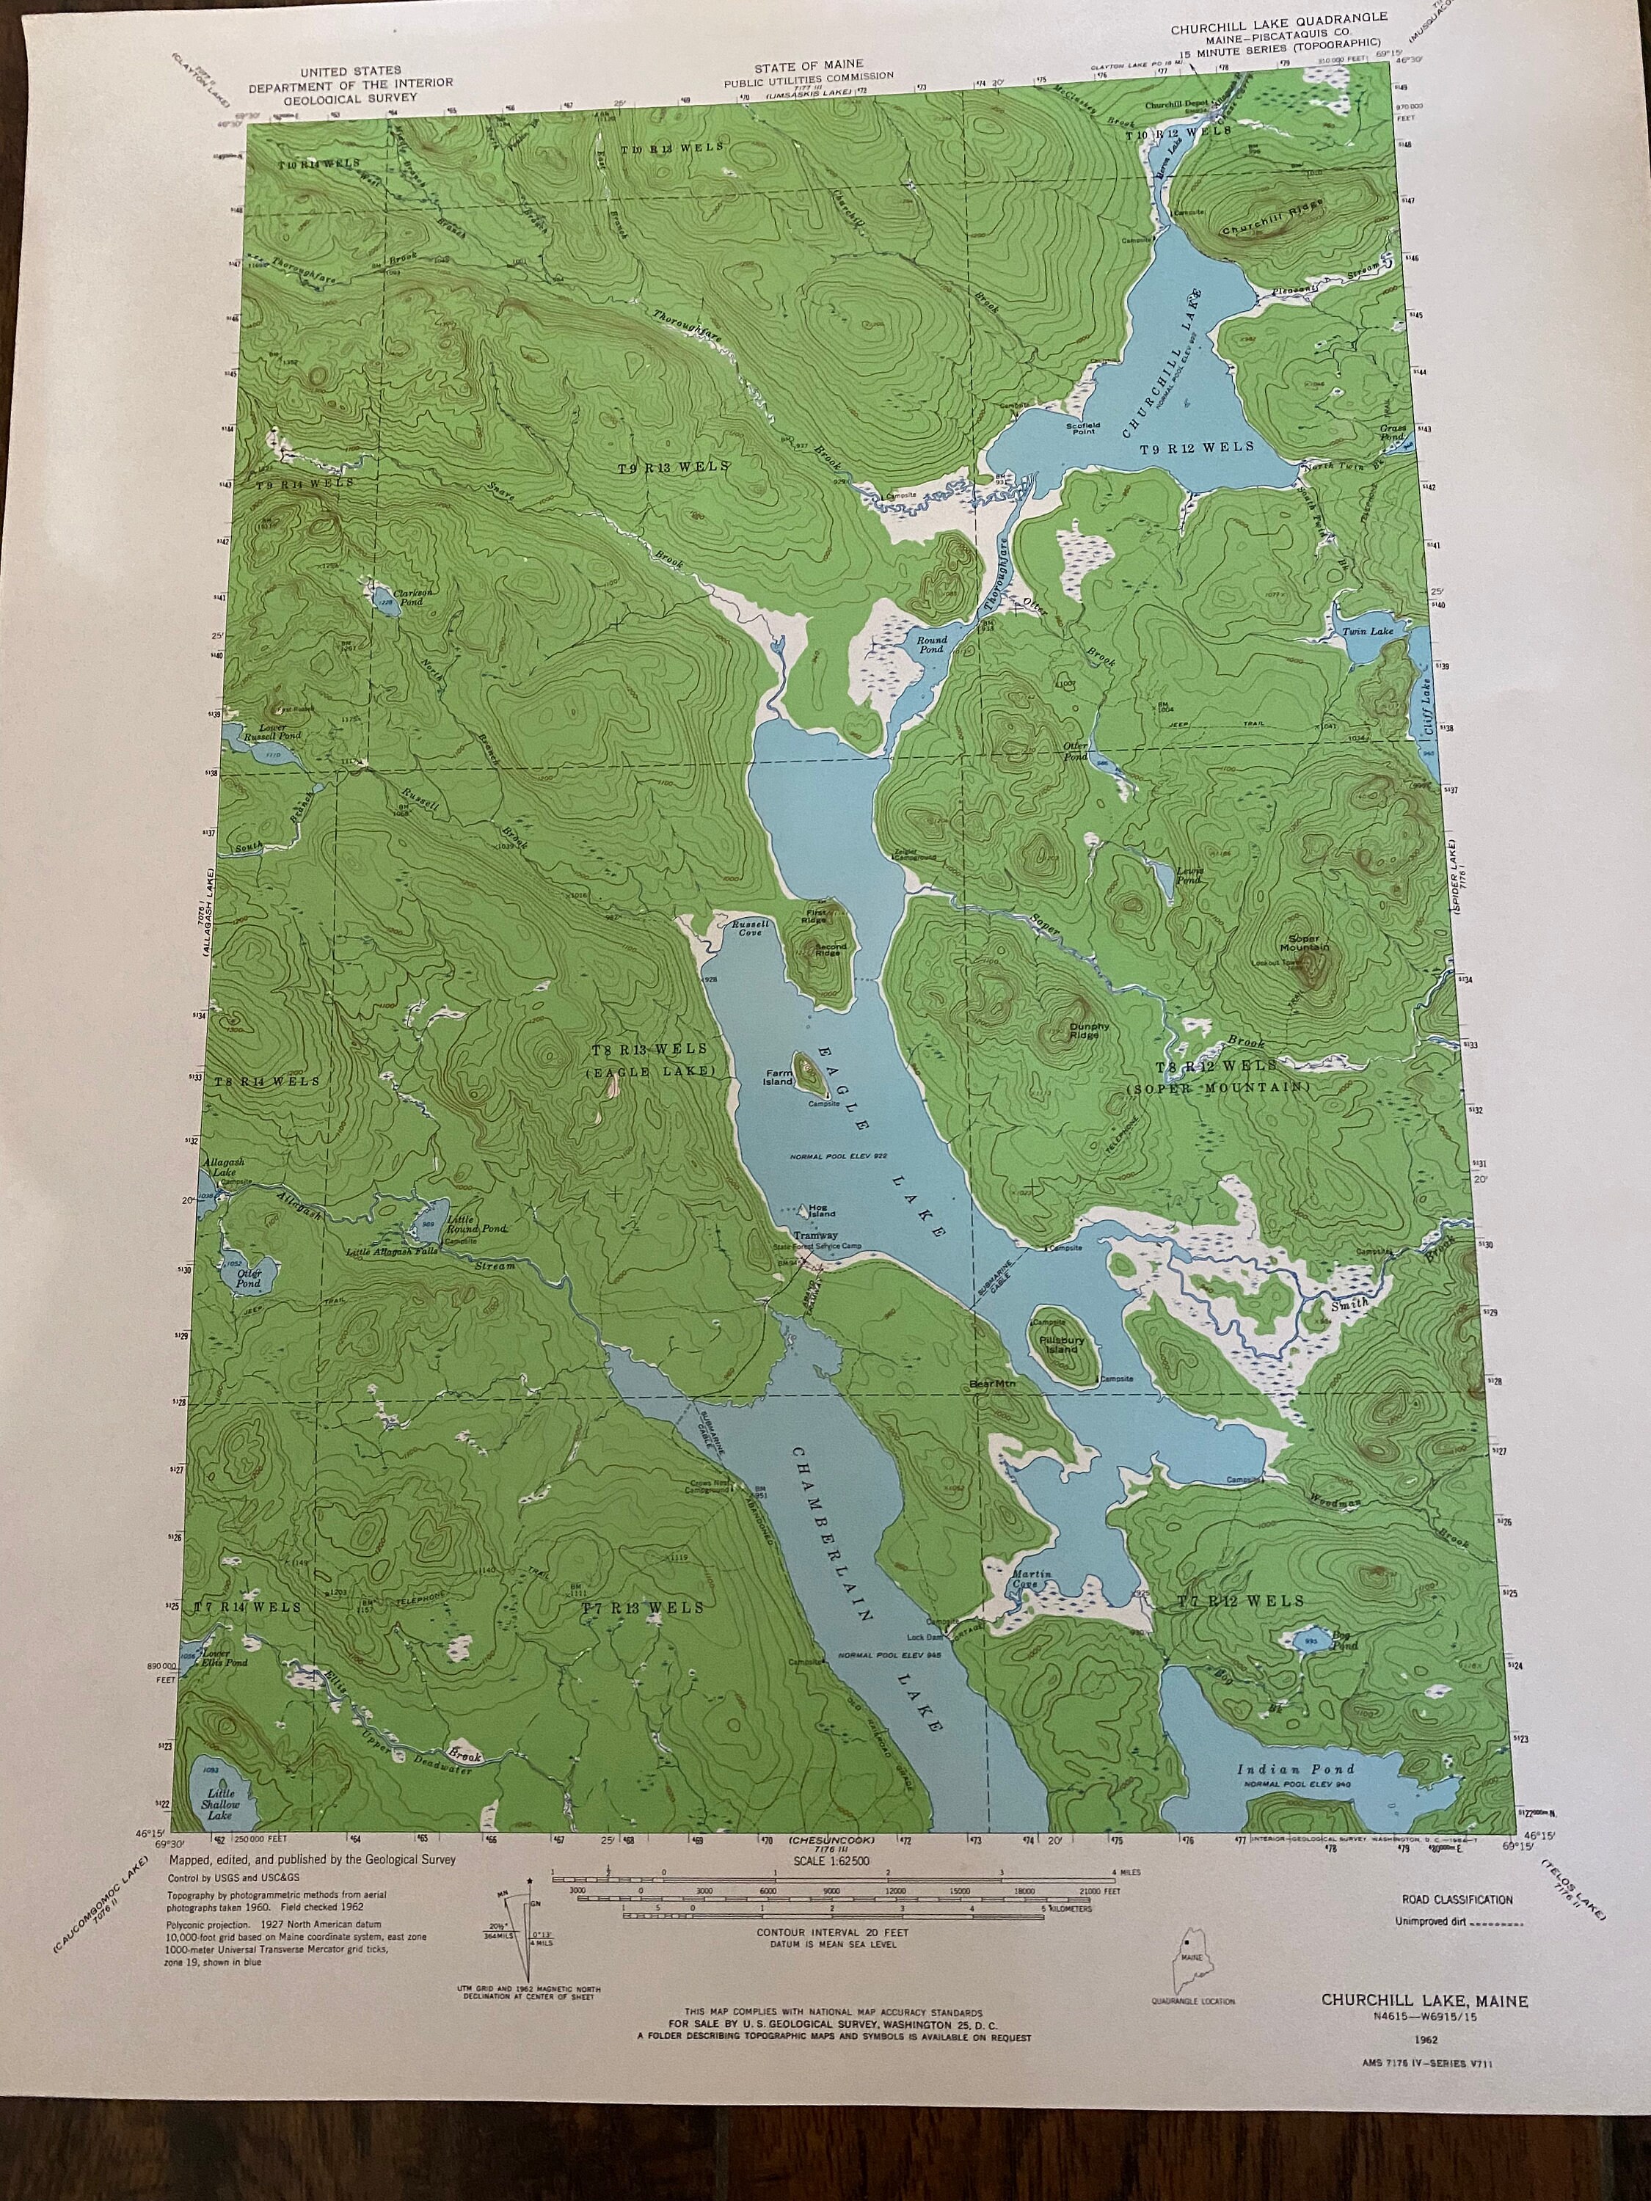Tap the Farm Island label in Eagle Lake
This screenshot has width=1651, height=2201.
[779, 1076]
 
